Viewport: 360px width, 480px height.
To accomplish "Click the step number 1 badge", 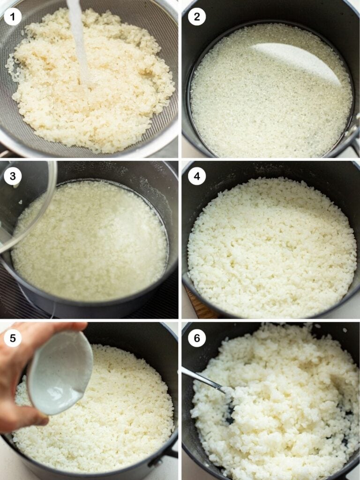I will [13, 17].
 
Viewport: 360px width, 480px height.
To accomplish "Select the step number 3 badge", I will [13, 177].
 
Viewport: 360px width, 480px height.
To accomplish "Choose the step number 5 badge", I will [13, 337].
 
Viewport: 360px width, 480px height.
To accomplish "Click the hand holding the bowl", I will [21, 375].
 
